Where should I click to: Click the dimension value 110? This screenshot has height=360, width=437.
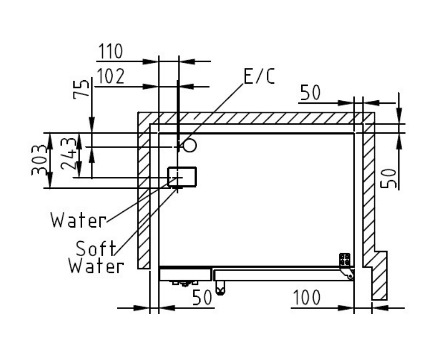[111, 51]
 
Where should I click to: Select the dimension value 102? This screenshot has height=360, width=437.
[111, 77]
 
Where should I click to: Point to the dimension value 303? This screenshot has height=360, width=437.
[39, 160]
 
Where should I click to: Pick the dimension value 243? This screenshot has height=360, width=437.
[68, 154]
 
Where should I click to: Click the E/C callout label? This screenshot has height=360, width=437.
[260, 76]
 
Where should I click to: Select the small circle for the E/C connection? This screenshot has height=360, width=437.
[190, 145]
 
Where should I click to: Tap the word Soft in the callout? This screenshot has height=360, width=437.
[96, 249]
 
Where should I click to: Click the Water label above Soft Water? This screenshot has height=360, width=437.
[79, 221]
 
